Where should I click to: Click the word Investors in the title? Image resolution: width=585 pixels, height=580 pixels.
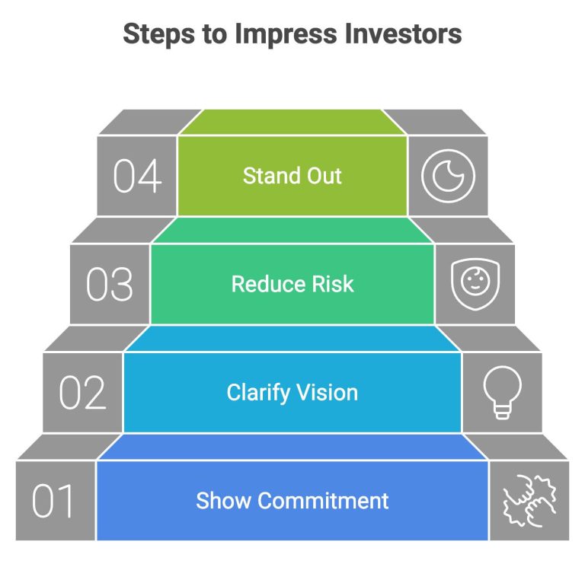click(x=404, y=34)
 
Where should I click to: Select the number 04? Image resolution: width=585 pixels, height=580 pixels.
click(x=137, y=177)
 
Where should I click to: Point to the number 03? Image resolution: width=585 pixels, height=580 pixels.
click(x=110, y=285)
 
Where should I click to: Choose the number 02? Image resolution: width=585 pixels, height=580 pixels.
click(x=83, y=393)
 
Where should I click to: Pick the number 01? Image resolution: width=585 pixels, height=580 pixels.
click(x=55, y=502)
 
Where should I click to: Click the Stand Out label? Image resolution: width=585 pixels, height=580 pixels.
click(x=292, y=176)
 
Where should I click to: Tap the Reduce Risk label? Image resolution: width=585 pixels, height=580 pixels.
click(x=292, y=284)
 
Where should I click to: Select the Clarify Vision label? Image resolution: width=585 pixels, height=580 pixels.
click(x=292, y=393)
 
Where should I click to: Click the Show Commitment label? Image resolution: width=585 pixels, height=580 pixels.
click(x=292, y=501)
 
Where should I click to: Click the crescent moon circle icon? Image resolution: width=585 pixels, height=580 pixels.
click(x=448, y=176)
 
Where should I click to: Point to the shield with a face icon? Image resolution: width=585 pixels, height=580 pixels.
click(x=475, y=284)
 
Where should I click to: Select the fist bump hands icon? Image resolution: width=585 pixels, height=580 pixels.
click(x=529, y=501)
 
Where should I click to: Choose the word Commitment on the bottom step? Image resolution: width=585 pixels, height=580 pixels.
click(x=323, y=501)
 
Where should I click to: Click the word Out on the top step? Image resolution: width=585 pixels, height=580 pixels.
click(x=324, y=176)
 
